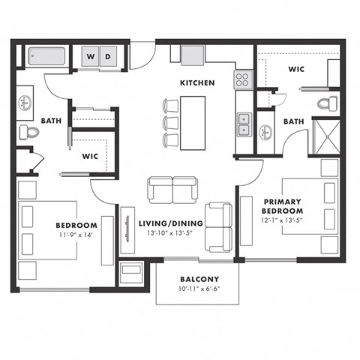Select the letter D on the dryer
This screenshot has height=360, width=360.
pyautogui.click(x=109, y=56)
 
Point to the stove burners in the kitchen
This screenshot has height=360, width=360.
pyautogui.click(x=242, y=80)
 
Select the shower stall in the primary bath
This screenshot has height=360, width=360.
pyautogui.click(x=325, y=134)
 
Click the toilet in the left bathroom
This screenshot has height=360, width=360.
pyautogui.click(x=29, y=133)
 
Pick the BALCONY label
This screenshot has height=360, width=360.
pyautogui.click(x=199, y=279)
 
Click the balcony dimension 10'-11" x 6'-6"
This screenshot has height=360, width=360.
pyautogui.click(x=199, y=289)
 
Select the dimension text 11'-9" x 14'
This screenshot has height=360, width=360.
pyautogui.click(x=76, y=235)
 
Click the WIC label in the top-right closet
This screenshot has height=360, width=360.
pyautogui.click(x=295, y=69)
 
